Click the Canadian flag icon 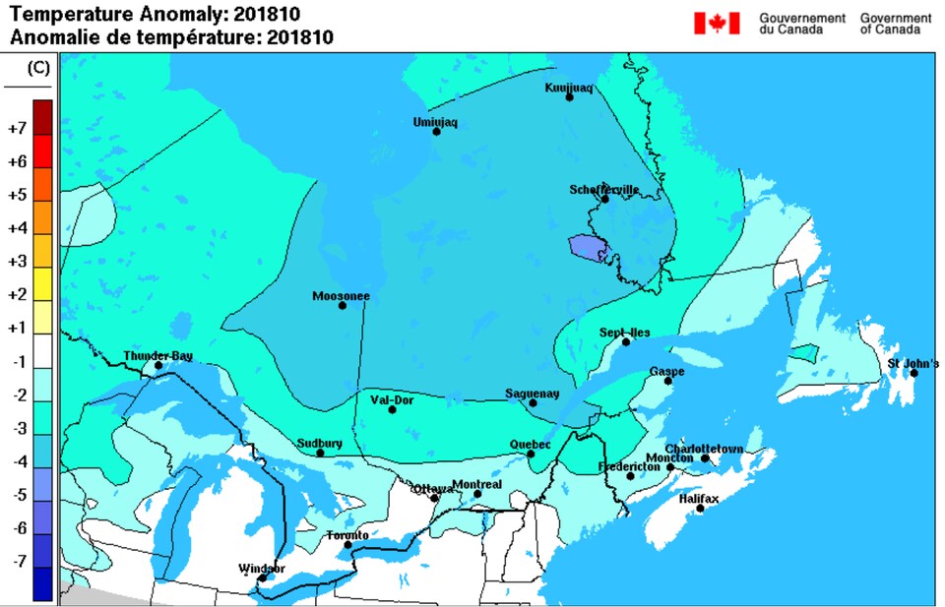pos(716,23)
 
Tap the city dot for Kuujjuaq pos(569,96)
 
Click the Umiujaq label pos(435,122)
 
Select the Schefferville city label pos(603,189)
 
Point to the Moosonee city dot pos(343,305)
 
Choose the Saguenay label pos(532,393)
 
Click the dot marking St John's pos(913,373)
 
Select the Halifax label pos(699,498)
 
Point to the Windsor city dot pos(262,577)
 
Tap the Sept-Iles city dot pos(626,341)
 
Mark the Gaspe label pos(666,371)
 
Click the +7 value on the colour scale pos(16,128)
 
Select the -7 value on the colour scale pos(16,561)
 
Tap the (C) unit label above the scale pos(38,68)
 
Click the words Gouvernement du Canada pos(802,24)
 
